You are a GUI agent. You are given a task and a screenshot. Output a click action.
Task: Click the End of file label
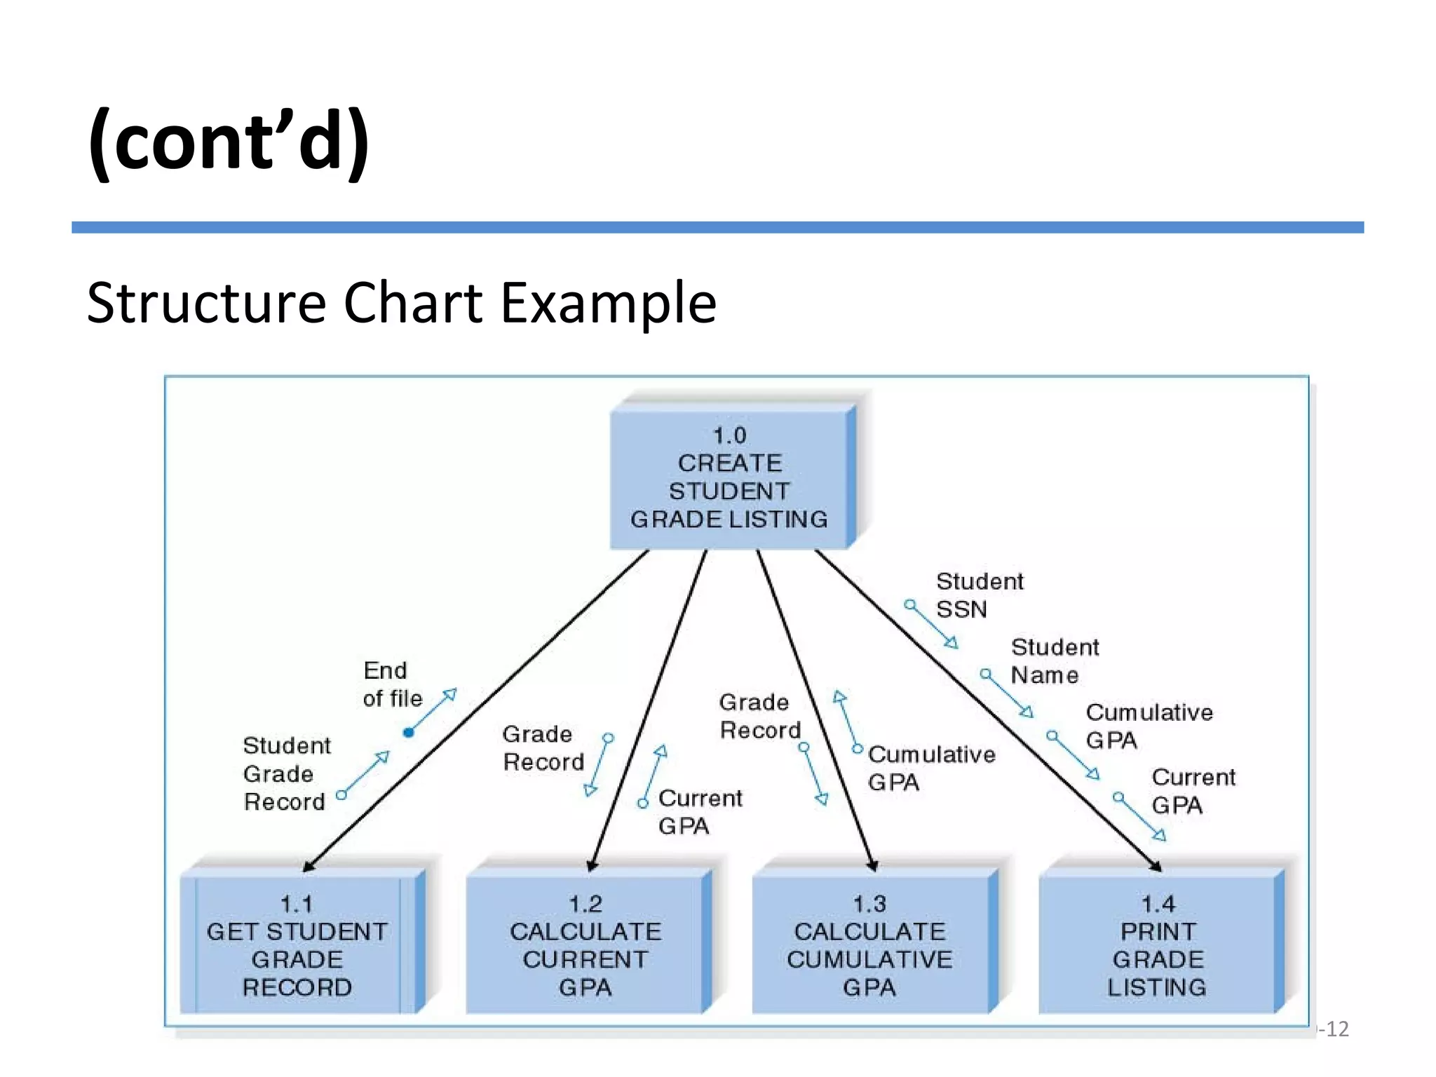(x=392, y=684)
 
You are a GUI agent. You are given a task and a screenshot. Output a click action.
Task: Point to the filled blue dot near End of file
(x=409, y=733)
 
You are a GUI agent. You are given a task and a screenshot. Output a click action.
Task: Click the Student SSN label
(x=979, y=595)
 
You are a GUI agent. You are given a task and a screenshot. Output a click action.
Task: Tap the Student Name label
(x=1054, y=661)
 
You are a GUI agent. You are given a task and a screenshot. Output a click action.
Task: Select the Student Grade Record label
(x=286, y=773)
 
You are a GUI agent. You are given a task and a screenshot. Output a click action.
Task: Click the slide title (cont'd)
(x=229, y=140)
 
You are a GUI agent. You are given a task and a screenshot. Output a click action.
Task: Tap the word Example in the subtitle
(x=608, y=303)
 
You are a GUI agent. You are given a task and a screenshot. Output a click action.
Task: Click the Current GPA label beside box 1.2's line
(x=699, y=812)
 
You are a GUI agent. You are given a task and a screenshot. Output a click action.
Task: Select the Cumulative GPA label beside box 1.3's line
(x=930, y=768)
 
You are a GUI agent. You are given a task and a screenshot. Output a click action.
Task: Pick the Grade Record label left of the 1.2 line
(x=542, y=748)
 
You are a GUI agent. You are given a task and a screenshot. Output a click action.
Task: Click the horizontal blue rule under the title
(x=717, y=227)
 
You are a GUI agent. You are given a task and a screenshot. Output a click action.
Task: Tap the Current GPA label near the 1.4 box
(x=1193, y=791)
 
